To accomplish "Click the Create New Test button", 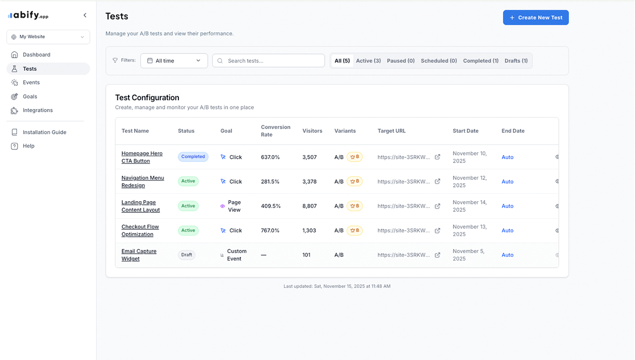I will [x=536, y=17].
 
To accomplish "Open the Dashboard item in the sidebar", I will [x=36, y=55].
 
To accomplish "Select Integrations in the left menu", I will [x=37, y=110].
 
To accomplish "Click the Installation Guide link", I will [x=44, y=132].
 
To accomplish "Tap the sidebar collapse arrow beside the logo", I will [x=85, y=15].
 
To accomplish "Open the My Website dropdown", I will [x=48, y=37].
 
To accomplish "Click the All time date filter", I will [x=174, y=61].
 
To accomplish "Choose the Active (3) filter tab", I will [x=368, y=61].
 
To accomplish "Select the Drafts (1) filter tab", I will [x=516, y=61].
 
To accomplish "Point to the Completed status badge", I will [x=193, y=157].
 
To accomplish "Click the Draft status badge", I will [x=187, y=255].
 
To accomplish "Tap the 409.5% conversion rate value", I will [x=270, y=206].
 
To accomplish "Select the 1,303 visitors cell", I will [x=309, y=230].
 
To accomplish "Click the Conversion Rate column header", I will [x=275, y=131].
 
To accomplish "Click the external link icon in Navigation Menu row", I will [x=437, y=182].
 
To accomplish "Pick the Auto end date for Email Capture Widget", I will [x=507, y=255].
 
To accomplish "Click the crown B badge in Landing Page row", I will [x=355, y=206].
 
